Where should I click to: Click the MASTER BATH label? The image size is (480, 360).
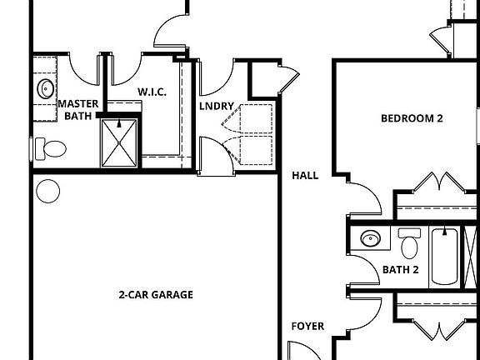pyautogui.click(x=78, y=109)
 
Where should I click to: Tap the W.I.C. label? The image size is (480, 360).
pyautogui.click(x=152, y=92)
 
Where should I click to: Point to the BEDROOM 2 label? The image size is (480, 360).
pyautogui.click(x=411, y=118)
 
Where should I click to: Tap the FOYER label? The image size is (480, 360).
pyautogui.click(x=307, y=326)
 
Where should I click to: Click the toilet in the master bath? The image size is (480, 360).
pyautogui.click(x=52, y=149)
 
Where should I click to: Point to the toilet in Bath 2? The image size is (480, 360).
pyautogui.click(x=409, y=244)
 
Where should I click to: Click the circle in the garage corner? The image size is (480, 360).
pyautogui.click(x=47, y=191)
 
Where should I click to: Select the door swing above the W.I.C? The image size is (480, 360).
pyautogui.click(x=167, y=33)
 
